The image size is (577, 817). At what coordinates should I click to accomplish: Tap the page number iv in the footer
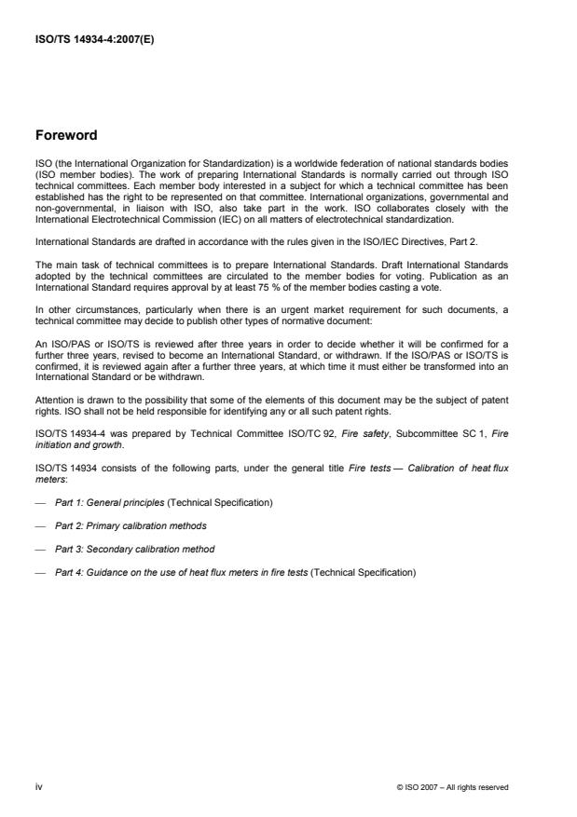(x=39, y=786)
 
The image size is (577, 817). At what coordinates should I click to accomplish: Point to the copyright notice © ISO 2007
(x=452, y=787)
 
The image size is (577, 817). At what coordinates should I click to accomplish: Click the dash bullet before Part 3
(x=39, y=549)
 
